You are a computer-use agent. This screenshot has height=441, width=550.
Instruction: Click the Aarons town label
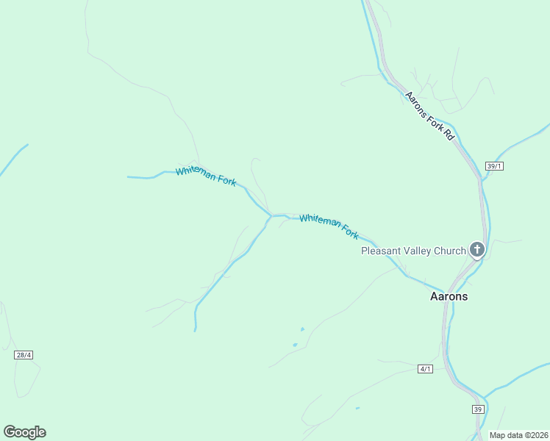click(449, 297)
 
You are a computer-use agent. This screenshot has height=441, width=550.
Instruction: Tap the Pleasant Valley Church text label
click(413, 251)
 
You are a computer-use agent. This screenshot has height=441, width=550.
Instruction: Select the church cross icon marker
click(477, 250)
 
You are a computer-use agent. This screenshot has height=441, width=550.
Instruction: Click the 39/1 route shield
click(494, 166)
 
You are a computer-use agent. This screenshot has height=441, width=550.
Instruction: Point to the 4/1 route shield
click(425, 368)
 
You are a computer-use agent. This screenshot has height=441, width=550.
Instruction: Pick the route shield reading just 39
click(478, 409)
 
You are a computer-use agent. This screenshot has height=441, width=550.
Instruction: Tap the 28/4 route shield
click(24, 355)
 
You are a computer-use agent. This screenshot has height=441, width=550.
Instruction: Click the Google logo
click(24, 432)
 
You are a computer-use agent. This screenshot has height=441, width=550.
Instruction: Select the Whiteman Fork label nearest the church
click(329, 226)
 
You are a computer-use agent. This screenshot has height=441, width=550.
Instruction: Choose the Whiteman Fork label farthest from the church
click(206, 175)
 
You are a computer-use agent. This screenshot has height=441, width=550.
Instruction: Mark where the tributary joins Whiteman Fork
click(271, 216)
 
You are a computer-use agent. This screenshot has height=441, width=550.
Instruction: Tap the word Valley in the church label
click(417, 251)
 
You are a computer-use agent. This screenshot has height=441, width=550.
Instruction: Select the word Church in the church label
click(450, 251)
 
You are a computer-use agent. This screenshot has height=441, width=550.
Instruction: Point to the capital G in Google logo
click(10, 431)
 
